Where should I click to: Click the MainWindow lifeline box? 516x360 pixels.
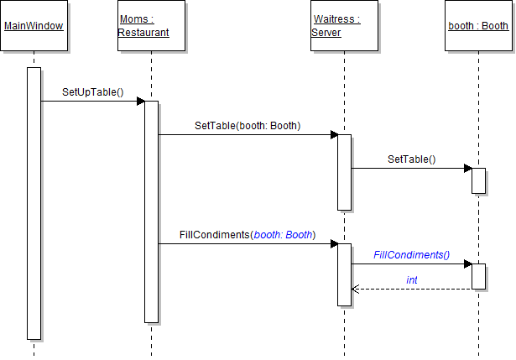[x=34, y=26]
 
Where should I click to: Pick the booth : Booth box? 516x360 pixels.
[x=478, y=26]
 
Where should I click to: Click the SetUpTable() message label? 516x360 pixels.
[x=92, y=91]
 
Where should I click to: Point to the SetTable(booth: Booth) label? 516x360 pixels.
[x=248, y=125]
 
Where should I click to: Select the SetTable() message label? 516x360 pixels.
[x=411, y=159]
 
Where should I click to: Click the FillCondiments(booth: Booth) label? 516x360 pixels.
[x=248, y=235]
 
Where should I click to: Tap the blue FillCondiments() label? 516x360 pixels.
[x=412, y=254]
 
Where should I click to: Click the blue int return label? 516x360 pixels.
[x=412, y=279]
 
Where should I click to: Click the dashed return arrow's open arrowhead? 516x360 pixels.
[x=355, y=289]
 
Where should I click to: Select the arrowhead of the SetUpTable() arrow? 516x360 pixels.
[x=141, y=102]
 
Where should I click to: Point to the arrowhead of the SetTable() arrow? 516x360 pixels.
[x=468, y=169]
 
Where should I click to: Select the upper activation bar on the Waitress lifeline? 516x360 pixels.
[x=344, y=172]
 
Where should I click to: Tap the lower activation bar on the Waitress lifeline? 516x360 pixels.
[x=344, y=274]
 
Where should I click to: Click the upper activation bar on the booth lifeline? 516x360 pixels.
[x=478, y=180]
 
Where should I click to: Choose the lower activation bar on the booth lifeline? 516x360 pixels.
[x=478, y=276]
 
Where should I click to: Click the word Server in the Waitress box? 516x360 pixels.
[x=326, y=33]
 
